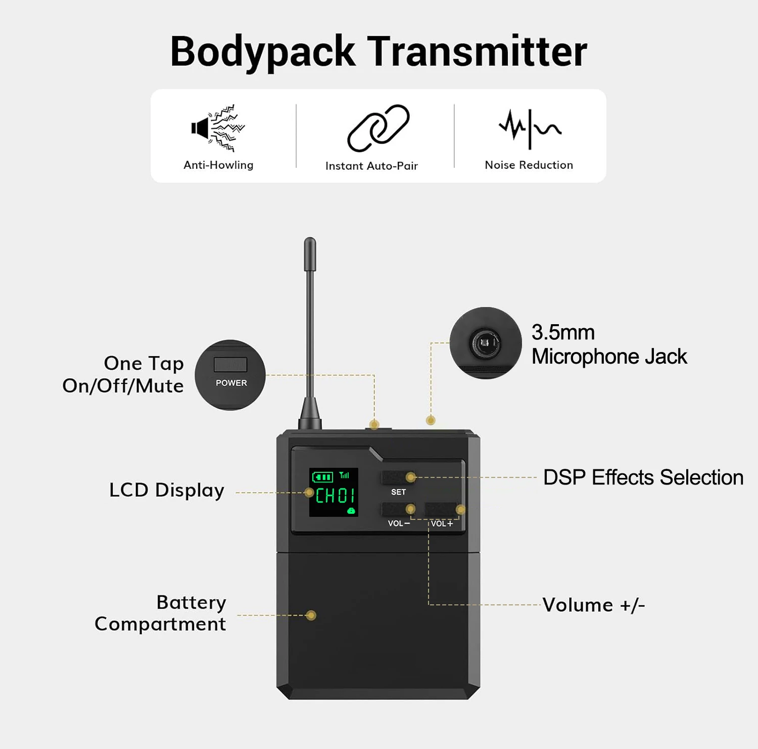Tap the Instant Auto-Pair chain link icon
point(378,128)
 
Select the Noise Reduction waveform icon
point(530,128)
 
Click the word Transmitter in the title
point(477,52)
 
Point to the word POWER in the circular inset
point(231,383)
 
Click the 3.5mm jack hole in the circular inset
point(486,344)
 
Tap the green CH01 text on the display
point(335,496)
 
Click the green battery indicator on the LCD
point(322,477)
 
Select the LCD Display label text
point(167,490)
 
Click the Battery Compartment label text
point(161,613)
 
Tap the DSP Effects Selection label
point(643,477)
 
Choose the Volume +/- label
point(594,605)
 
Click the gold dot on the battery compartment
point(311,615)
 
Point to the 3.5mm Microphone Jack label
point(609,344)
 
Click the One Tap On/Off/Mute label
point(123,374)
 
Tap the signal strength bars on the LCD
point(345,475)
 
